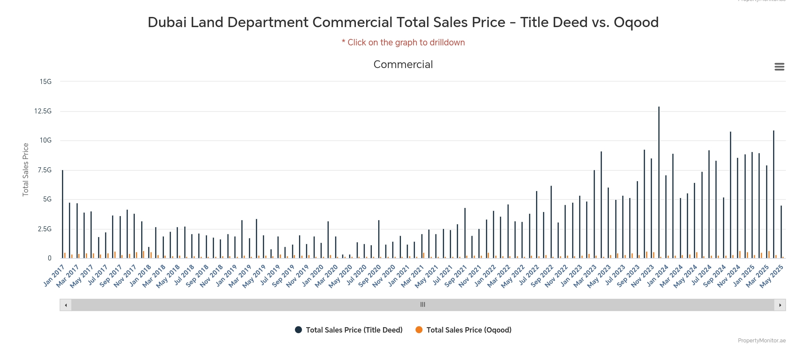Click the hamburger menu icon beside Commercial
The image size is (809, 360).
pos(779,67)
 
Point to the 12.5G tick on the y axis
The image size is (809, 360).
pos(43,111)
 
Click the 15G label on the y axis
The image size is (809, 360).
pos(46,82)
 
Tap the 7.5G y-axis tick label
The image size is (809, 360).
pos(45,170)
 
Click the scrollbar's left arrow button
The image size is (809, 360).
pos(66,305)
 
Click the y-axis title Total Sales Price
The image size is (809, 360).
pos(25,170)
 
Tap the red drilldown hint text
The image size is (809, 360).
pos(403,43)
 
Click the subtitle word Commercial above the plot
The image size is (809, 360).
pos(403,64)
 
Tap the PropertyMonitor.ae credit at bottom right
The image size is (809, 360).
pos(762,340)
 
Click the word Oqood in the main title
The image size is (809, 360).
pos(636,22)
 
